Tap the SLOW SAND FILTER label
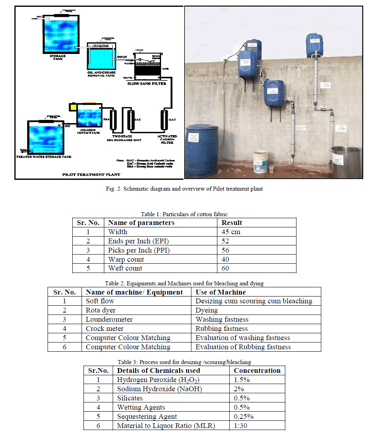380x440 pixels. point(146,84)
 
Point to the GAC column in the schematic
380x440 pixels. point(164,119)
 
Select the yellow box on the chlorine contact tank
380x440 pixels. point(74,107)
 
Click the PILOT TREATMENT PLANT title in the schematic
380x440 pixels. point(91,175)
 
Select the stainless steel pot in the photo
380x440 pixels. point(345,162)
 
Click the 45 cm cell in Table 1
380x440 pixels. point(231,232)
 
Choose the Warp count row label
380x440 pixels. point(126,259)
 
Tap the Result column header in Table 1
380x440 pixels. point(232,223)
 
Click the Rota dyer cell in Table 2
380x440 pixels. point(101,310)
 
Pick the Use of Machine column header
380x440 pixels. point(221,292)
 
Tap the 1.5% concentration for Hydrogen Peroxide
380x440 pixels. point(242,380)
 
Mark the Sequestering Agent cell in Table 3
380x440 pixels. point(147,416)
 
